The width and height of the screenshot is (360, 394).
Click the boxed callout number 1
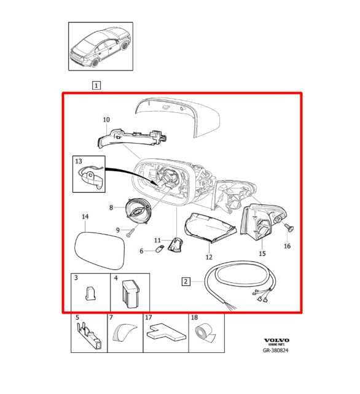coord(97,86)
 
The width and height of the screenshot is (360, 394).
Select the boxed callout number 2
coord(186,282)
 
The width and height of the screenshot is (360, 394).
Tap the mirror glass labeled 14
coord(99,247)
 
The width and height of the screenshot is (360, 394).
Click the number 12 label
coord(209,257)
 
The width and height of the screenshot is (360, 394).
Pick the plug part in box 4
coord(130,293)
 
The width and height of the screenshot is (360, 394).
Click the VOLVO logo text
coord(276,339)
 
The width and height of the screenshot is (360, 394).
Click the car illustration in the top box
coord(100,49)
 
